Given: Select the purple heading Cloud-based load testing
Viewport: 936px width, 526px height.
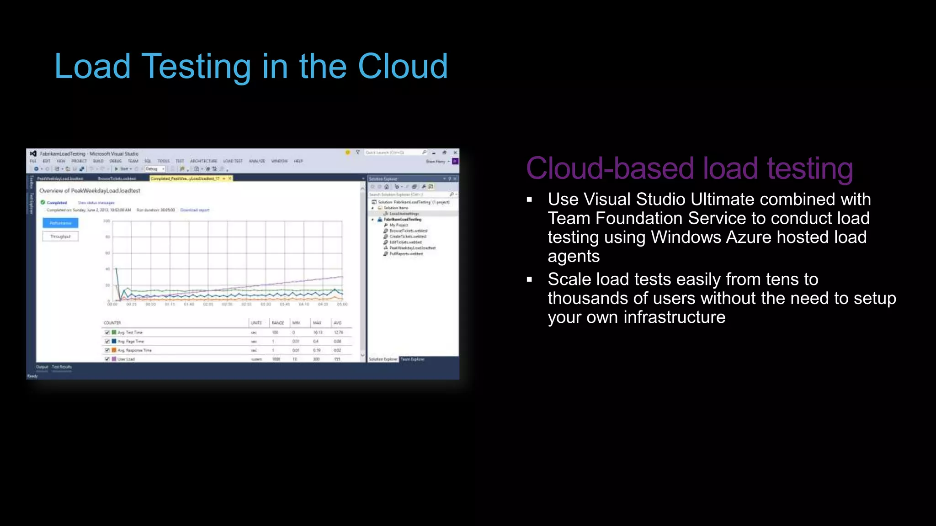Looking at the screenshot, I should point(689,168).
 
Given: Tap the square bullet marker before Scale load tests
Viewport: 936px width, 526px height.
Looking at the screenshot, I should point(530,279).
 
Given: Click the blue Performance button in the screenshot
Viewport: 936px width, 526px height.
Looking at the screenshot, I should point(60,223).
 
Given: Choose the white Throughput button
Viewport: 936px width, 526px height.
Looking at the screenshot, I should point(60,237).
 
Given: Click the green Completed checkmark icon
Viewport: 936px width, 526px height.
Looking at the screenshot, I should point(43,202).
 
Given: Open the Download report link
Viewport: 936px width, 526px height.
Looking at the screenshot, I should point(195,210).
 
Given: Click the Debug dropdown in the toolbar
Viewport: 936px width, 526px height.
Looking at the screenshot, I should point(155,169).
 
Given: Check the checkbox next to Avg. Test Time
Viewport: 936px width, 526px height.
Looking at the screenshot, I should point(107,332).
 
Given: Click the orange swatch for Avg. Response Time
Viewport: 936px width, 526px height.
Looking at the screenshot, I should point(114,350).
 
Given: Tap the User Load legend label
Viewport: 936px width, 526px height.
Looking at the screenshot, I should point(126,359).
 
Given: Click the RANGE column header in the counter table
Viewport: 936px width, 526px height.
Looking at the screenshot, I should point(278,323).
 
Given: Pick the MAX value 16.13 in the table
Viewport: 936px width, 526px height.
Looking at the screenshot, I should point(318,332).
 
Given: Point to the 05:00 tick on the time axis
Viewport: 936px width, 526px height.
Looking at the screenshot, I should point(342,304).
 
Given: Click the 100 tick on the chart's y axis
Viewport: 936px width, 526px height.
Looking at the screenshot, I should point(106,221).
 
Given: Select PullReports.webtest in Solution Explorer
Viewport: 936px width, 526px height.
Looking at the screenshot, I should point(406,254).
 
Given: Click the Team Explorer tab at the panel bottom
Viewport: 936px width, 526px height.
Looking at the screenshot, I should point(412,359).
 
